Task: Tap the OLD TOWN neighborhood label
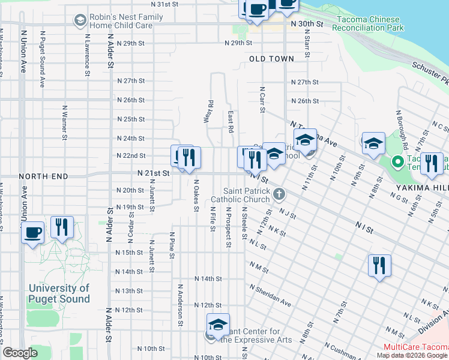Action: (272, 59)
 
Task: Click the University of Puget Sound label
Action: (59, 293)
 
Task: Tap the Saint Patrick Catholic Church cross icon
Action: (279, 193)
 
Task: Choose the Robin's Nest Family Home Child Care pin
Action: (79, 21)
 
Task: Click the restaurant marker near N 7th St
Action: (379, 265)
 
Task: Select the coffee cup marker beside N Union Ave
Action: (32, 231)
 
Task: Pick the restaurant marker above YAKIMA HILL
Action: (431, 163)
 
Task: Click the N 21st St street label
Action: (154, 172)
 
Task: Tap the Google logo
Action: (20, 353)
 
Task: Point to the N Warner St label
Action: (64, 123)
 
